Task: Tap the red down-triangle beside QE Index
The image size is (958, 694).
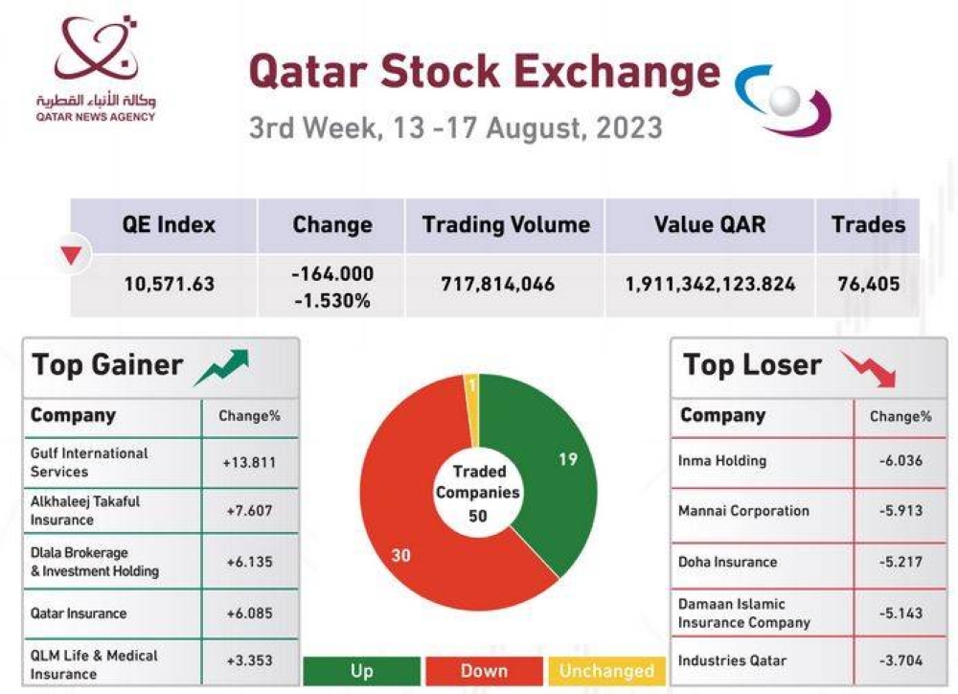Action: click(x=71, y=255)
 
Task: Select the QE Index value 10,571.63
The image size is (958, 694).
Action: click(x=169, y=284)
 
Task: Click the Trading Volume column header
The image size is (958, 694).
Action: click(x=506, y=225)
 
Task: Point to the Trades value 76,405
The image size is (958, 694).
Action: click(x=868, y=284)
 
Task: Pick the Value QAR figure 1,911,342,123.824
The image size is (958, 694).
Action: click(x=710, y=284)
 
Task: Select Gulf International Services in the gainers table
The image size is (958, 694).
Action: click(x=89, y=462)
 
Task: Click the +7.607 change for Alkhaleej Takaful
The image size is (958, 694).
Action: click(x=249, y=511)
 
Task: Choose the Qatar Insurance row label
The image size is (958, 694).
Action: click(x=79, y=613)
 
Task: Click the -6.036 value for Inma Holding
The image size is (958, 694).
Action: click(x=901, y=461)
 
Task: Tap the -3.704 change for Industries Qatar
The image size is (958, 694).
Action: click(x=901, y=660)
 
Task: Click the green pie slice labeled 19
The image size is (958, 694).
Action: click(x=551, y=470)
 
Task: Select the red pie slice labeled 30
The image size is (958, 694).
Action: click(x=412, y=537)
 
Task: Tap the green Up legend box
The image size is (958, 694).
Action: click(x=361, y=671)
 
